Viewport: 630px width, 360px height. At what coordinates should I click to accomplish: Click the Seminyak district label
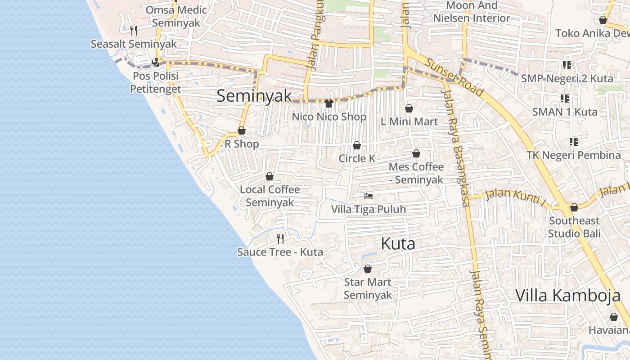point(254,96)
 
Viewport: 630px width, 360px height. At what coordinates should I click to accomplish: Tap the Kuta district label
point(398,244)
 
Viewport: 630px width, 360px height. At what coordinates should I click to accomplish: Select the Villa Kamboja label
point(568,296)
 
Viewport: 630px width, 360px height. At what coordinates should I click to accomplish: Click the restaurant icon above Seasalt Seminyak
point(134,31)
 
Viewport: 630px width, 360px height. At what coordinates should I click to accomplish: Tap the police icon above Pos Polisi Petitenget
point(156,63)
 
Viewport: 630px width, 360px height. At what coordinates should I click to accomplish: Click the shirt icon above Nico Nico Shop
point(328,103)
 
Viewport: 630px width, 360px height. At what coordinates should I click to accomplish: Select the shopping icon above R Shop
point(242,131)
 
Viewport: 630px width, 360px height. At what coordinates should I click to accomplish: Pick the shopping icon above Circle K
point(357,145)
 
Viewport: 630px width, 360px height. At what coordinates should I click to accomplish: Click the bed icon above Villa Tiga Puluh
point(369,196)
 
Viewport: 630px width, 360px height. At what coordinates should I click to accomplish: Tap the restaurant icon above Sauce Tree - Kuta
point(280,238)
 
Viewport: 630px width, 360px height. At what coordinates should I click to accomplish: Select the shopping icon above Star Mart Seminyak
point(368,269)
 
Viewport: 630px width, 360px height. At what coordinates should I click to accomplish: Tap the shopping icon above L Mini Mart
point(409,108)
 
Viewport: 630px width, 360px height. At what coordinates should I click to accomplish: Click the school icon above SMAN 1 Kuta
point(565,99)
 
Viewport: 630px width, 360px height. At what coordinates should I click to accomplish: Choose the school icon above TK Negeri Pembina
point(574,142)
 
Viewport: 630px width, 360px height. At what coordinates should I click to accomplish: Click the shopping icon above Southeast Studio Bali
point(574,207)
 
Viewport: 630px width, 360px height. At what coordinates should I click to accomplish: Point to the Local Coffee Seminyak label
point(270,196)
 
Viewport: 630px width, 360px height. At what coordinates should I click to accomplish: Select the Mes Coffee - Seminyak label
point(416,173)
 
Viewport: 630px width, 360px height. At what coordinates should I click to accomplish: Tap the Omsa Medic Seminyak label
point(176,16)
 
